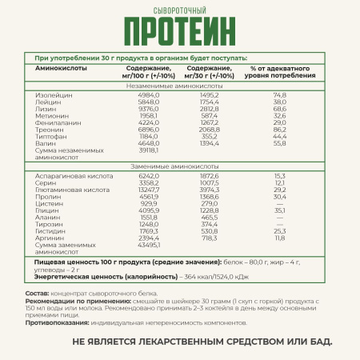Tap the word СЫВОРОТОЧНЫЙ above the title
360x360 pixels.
(180, 10)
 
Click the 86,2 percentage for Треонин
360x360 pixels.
(280, 129)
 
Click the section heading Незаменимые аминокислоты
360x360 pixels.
(180, 85)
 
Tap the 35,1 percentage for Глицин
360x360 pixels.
(280, 210)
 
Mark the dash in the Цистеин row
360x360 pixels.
(280, 203)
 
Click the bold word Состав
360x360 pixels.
(35, 294)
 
